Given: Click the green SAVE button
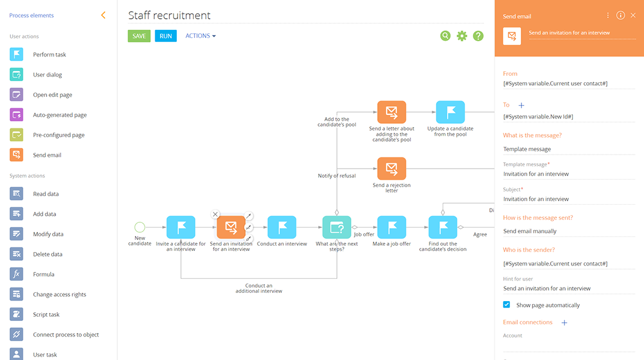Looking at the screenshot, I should pyautogui.click(x=139, y=36).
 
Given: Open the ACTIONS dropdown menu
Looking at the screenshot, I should pyautogui.click(x=200, y=36).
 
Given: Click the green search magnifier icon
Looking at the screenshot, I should pyautogui.click(x=445, y=36).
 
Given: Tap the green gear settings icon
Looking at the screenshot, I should pyautogui.click(x=462, y=36).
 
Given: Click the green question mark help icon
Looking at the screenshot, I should pyautogui.click(x=478, y=36).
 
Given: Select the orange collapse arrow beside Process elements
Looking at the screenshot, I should pyautogui.click(x=103, y=15).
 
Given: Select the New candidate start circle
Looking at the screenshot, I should pyautogui.click(x=140, y=227).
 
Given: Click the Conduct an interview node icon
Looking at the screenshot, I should pyautogui.click(x=282, y=228).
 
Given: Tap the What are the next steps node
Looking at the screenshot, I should pyautogui.click(x=337, y=228).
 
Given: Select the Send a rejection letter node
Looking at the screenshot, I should pyautogui.click(x=391, y=169).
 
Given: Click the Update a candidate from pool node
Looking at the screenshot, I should pyautogui.click(x=450, y=112).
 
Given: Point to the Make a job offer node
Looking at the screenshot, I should pyautogui.click(x=391, y=228).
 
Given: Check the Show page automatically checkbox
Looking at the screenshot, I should pyautogui.click(x=506, y=305).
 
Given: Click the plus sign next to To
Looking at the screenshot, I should pyautogui.click(x=521, y=105).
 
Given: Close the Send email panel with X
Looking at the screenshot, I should pyautogui.click(x=633, y=16).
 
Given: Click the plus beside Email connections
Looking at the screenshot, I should pyautogui.click(x=564, y=323).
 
